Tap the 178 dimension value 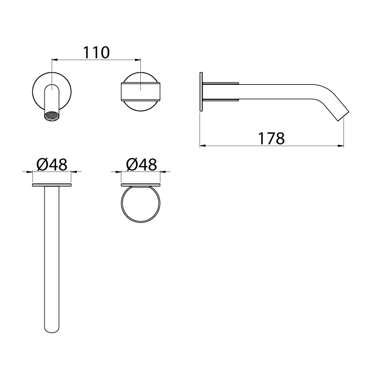coord(271,138)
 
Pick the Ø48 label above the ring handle coord(142,164)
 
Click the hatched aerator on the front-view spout coord(53,115)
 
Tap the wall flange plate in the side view coord(202,92)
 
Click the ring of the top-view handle coord(141,206)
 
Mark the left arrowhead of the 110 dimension coord(54,60)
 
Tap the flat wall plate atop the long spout coord(52,184)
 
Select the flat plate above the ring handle coord(141,184)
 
